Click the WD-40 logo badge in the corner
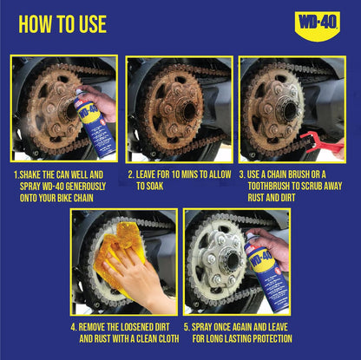pyautogui.click(x=317, y=26)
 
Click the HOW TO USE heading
pyautogui.click(x=62, y=24)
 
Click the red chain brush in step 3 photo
pyautogui.click(x=320, y=142)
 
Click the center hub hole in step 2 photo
pyautogui.click(x=189, y=110)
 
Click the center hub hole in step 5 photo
pyautogui.click(x=232, y=260)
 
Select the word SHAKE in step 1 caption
pyautogui.click(x=30, y=175)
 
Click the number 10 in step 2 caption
pyautogui.click(x=175, y=174)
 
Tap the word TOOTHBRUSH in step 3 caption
pyautogui.click(x=268, y=187)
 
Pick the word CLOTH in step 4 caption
pyautogui.click(x=168, y=338)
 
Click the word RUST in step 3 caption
pyautogui.click(x=256, y=198)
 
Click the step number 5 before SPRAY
pyautogui.click(x=187, y=327)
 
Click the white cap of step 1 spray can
pyautogui.click(x=79, y=92)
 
